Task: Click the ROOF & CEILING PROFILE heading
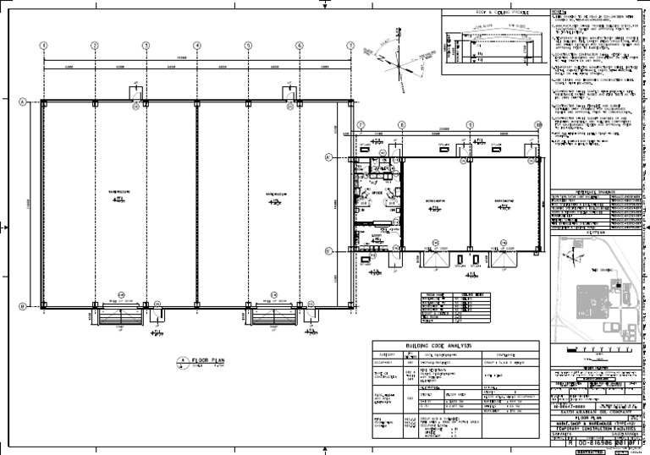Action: [494, 13]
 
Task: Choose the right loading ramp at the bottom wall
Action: [273, 317]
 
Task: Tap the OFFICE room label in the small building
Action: [377, 192]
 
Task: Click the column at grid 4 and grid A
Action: [197, 102]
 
